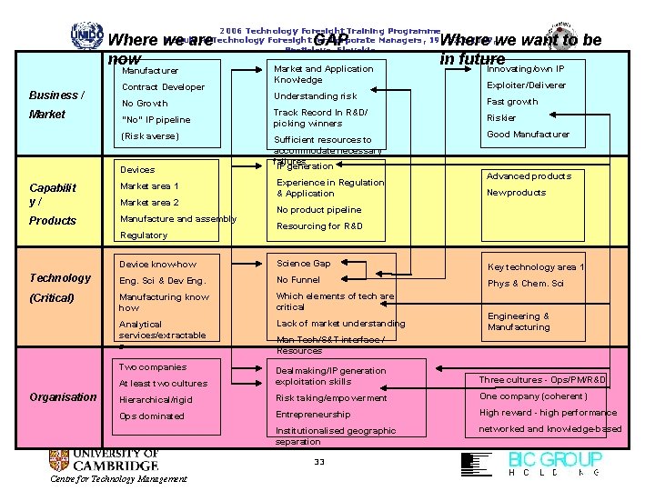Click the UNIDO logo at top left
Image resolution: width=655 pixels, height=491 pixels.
coord(86,34)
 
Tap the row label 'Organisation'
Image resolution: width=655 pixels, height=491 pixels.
coord(63,396)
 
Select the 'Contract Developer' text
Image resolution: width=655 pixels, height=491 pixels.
coord(163,87)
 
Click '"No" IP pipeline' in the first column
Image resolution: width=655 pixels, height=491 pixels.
coord(156,119)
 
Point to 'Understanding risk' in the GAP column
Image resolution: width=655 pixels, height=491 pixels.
coord(315,95)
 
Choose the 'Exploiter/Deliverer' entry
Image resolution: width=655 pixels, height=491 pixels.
coord(526,85)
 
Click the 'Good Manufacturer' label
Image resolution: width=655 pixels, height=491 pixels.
coord(528,135)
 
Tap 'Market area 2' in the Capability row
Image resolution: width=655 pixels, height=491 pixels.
coord(149,203)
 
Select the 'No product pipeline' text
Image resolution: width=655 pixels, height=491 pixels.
coord(318,210)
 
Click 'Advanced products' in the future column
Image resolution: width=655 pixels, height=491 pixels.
coord(529,176)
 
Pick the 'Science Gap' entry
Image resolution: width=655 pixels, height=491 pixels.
coord(303,264)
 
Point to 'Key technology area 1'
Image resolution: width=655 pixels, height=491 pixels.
coord(536,267)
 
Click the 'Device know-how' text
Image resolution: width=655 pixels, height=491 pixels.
coord(157,265)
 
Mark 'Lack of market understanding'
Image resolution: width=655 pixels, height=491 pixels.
coord(340,324)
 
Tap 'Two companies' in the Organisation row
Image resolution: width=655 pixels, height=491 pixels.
coord(153,367)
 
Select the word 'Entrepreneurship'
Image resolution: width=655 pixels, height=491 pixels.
coord(313,415)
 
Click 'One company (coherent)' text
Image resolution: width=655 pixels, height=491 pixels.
coord(533,396)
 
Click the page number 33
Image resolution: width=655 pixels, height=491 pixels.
coord(318,463)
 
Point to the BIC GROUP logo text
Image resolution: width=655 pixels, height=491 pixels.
coord(555,459)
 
